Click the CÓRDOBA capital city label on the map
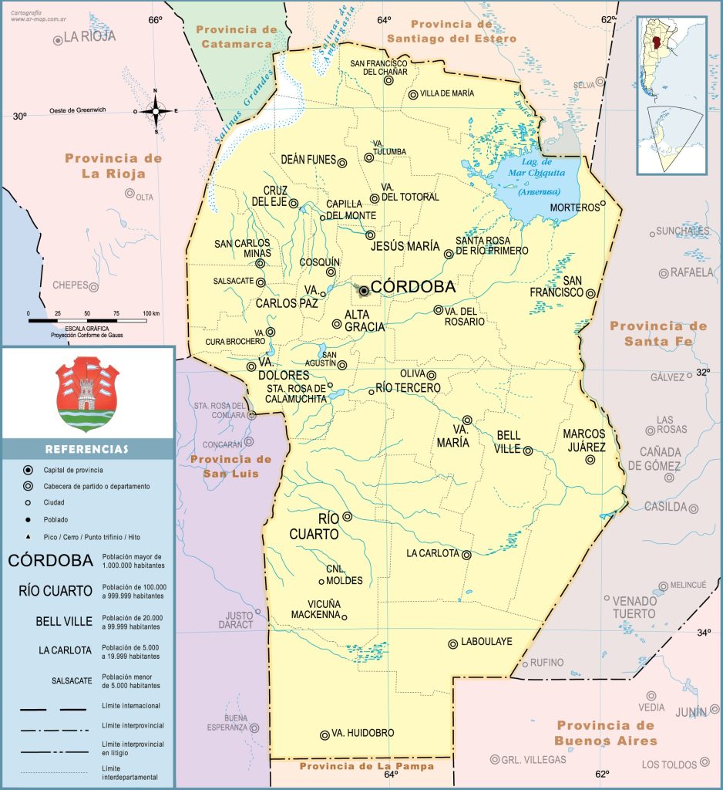tap(412, 287)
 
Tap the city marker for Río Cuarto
tap(348, 517)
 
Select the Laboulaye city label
tap(486, 642)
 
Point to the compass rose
tap(156, 111)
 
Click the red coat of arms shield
tap(86, 389)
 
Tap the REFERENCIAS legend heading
tap(86, 449)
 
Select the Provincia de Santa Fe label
tap(658, 333)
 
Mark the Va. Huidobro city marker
tap(325, 735)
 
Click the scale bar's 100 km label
tap(150, 313)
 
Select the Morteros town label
tap(573, 208)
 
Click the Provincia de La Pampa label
tap(366, 766)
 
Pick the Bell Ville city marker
tap(528, 451)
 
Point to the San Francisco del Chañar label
tap(378, 67)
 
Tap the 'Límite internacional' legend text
tap(131, 706)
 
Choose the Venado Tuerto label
tap(634, 607)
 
